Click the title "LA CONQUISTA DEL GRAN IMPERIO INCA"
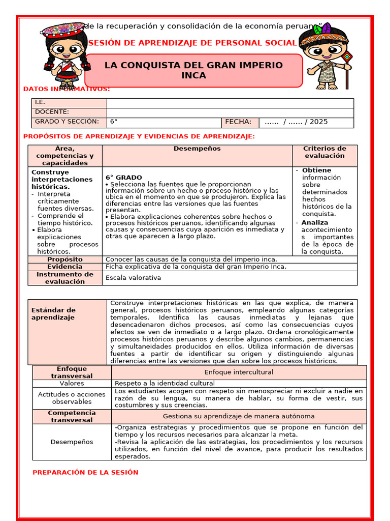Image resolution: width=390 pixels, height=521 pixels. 193,70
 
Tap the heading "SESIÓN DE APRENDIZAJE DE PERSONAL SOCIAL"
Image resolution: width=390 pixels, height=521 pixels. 192,43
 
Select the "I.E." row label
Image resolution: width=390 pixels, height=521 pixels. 40,102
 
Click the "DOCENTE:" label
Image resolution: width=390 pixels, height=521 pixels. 52,112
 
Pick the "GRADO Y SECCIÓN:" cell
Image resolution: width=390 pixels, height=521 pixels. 67,122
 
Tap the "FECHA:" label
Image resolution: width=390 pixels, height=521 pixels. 238,122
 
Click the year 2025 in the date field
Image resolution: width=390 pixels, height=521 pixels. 318,122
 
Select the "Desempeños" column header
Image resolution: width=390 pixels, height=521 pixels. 197,149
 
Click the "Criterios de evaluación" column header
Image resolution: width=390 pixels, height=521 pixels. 324,152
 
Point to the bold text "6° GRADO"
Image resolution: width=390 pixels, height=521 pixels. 124,178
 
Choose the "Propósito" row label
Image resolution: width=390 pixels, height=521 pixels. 65,259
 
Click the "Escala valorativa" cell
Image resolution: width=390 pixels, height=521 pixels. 133,277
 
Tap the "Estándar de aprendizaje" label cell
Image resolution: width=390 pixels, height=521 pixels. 53,313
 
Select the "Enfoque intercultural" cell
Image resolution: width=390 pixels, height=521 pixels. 239,372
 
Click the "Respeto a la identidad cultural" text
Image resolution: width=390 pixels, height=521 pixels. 165,383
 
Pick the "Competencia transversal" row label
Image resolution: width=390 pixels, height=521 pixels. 72,416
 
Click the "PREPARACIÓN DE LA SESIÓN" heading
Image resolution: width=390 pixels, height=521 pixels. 85,472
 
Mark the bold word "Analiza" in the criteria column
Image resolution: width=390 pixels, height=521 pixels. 315,222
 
